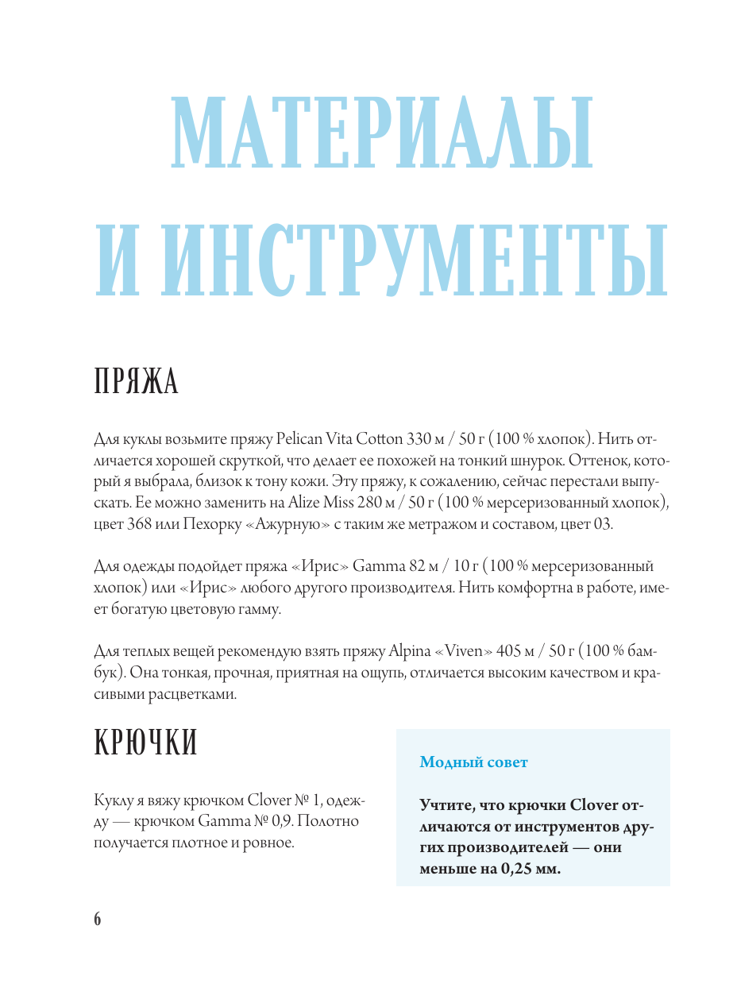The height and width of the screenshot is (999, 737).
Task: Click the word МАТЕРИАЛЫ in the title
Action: click(x=381, y=132)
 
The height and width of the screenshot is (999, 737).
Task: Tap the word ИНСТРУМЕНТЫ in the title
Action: click(x=422, y=260)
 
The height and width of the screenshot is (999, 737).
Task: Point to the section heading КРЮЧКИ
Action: click(x=145, y=743)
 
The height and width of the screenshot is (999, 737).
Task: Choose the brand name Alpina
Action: click(x=410, y=652)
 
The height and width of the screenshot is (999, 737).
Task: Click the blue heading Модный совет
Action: click(x=473, y=762)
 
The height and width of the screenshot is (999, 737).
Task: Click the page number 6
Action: click(x=98, y=919)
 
